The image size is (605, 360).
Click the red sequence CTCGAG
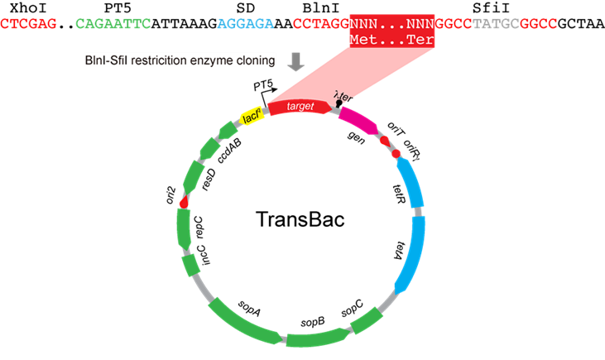click(28, 25)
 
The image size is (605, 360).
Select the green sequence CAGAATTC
click(113, 25)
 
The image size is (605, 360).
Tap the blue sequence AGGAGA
click(245, 25)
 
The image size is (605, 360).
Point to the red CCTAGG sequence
click(321, 25)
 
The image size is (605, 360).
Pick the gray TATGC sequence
click(496, 25)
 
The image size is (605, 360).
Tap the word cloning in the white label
click(252, 60)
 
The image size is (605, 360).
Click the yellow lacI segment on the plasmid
click(252, 119)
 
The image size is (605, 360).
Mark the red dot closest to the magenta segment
click(385, 142)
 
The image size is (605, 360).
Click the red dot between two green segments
click(183, 203)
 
